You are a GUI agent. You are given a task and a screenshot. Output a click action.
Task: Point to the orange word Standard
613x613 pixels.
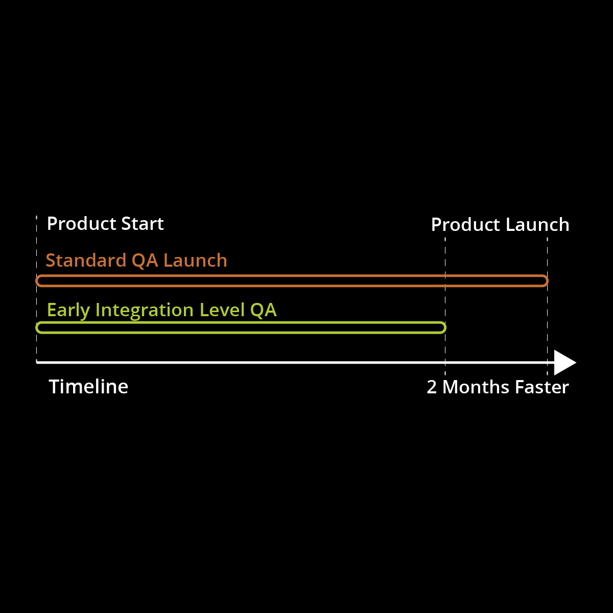86,261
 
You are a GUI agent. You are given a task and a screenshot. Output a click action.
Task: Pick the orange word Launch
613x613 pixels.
196,261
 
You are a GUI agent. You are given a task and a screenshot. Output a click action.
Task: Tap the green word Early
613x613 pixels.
68,311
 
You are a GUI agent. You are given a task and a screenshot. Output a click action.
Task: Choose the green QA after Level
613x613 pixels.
263,310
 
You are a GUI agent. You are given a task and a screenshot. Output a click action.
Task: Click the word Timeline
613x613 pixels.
88,387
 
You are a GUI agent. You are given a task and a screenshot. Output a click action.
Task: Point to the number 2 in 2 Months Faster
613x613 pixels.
432,387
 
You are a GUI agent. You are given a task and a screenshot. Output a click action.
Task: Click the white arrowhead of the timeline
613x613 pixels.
564,363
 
